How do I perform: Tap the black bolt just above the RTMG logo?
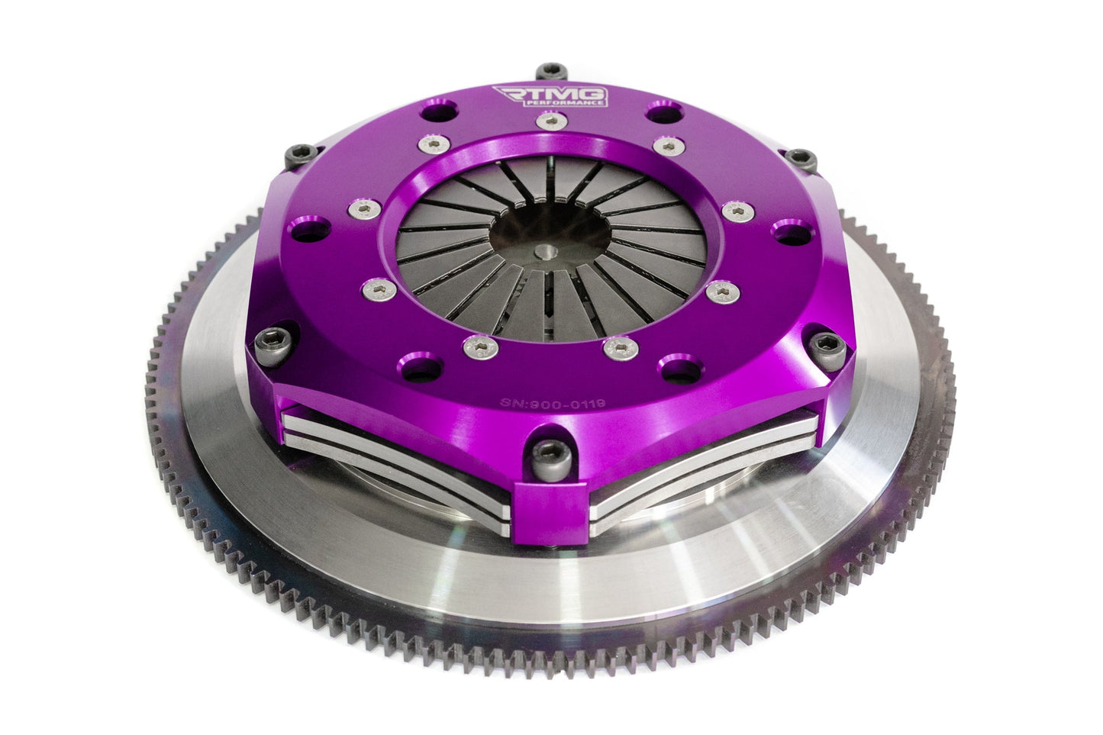coord(548,72)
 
